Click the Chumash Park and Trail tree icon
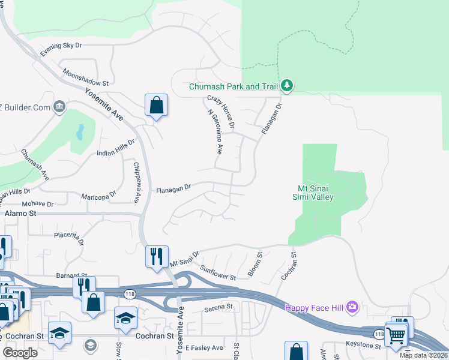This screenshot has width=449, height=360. [288, 86]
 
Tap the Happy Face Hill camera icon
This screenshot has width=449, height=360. [352, 308]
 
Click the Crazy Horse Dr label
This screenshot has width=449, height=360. [220, 112]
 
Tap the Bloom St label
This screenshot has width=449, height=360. [255, 264]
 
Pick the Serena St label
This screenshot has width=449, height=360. [218, 307]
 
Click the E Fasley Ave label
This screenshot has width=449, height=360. [204, 347]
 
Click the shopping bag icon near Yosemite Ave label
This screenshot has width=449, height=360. [156, 105]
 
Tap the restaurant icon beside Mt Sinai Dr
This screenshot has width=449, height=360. [156, 256]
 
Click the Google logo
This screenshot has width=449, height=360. [20, 353]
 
